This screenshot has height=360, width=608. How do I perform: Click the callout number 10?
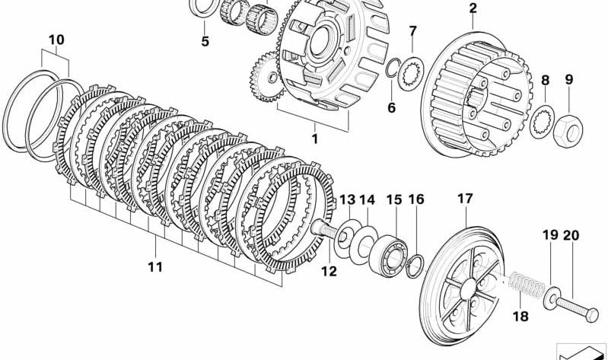pyautogui.click(x=56, y=40)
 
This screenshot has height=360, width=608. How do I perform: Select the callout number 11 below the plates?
pyautogui.click(x=155, y=266)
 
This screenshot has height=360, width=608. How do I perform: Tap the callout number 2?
pyautogui.click(x=473, y=9)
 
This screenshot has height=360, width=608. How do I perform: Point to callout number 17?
pyautogui.click(x=465, y=199)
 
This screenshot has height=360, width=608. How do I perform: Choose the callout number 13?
pyautogui.click(x=347, y=199)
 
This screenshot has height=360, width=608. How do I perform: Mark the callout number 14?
pyautogui.click(x=368, y=199)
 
